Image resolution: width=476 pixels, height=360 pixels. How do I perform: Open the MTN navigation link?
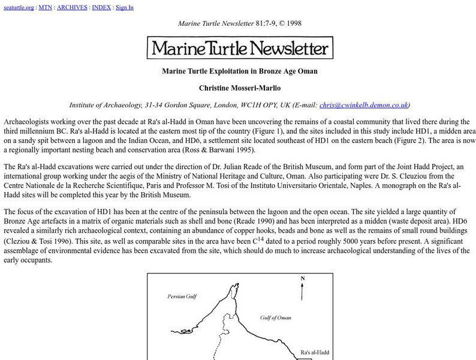[x=46, y=8]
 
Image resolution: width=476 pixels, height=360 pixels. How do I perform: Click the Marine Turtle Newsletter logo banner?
[x=239, y=47]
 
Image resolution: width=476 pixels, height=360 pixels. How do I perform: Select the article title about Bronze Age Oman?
[x=239, y=71]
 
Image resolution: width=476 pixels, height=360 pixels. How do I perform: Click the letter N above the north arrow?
[x=303, y=278]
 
